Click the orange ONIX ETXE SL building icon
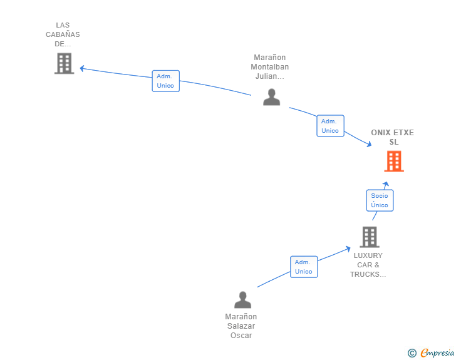tap(393, 162)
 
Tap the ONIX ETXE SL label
tap(393, 137)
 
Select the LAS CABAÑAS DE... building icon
tap(64, 63)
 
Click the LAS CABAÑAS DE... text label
tap(63, 35)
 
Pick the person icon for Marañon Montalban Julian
tap(271, 97)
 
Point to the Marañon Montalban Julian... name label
tap(270, 67)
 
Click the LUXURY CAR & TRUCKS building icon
tap(370, 237)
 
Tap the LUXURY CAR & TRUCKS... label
tap(368, 265)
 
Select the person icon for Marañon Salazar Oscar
tap(242, 300)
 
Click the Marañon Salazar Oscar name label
tap(241, 326)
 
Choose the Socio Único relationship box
tap(380, 200)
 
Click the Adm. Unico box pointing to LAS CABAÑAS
tap(166, 81)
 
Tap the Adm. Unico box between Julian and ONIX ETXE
tap(330, 126)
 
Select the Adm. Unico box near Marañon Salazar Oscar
tap(304, 267)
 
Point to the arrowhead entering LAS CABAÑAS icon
tap(81, 68)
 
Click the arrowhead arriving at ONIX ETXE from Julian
tap(369, 145)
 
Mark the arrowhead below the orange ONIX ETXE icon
tap(386, 183)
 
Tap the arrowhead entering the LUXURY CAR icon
tap(348, 249)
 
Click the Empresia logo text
tap(437, 353)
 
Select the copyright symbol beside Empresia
tap(412, 353)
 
